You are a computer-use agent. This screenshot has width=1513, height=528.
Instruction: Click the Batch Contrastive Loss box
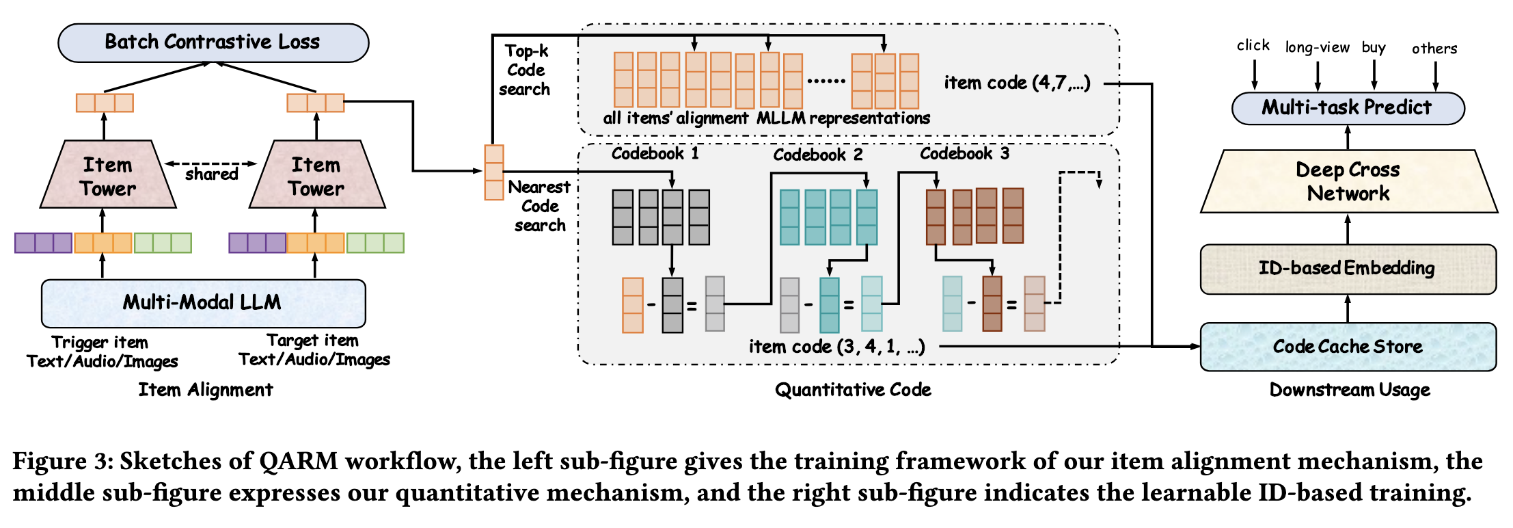(x=213, y=42)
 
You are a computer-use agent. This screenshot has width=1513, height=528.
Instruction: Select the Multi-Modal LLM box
(x=203, y=302)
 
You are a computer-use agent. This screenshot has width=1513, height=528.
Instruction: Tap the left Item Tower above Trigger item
(x=108, y=176)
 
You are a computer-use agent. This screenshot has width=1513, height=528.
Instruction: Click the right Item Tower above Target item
(x=316, y=176)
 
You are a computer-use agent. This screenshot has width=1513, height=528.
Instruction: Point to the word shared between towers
(x=212, y=174)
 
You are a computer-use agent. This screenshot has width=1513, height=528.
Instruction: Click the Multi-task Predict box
(x=1347, y=107)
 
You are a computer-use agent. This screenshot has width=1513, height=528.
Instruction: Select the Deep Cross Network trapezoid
(x=1348, y=181)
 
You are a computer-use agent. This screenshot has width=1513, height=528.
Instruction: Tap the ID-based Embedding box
(x=1347, y=268)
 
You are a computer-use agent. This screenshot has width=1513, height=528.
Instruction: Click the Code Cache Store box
(x=1348, y=346)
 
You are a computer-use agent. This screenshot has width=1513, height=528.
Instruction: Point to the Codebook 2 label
(x=817, y=155)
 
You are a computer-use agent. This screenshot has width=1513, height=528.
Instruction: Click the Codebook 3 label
(x=964, y=153)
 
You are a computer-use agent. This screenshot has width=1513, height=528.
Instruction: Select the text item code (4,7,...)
(x=1017, y=83)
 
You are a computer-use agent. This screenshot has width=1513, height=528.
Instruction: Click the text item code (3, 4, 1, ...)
(x=836, y=347)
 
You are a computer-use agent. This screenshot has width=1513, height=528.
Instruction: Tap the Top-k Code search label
(x=525, y=70)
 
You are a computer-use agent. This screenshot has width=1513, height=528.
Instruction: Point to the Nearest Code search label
(x=539, y=206)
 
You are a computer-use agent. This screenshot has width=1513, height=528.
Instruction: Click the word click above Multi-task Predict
(x=1253, y=46)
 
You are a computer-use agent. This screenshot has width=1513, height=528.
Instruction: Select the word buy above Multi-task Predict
(x=1374, y=47)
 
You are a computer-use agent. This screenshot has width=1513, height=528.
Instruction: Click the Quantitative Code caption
(x=852, y=390)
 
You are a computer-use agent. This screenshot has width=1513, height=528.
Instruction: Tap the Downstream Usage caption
(x=1349, y=390)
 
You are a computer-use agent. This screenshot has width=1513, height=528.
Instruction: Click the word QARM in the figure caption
(x=298, y=461)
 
